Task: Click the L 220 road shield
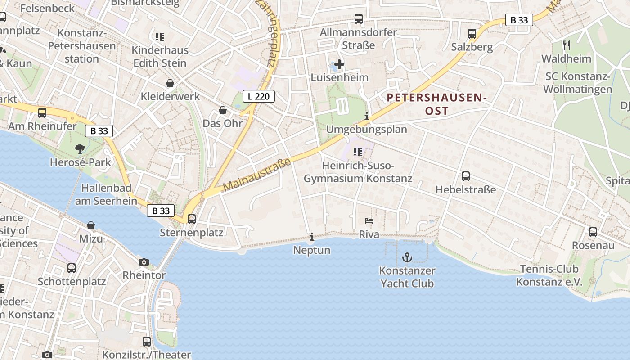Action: (258, 96)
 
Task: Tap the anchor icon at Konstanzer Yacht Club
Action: (407, 257)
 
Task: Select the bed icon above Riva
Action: (369, 221)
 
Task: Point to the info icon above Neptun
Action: (312, 237)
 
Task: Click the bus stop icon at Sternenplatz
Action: (192, 219)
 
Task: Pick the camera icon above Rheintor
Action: (144, 262)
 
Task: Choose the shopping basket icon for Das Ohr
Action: (222, 110)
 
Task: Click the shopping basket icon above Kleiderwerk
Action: (170, 83)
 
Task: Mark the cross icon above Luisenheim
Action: (339, 65)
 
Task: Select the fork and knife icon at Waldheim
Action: (566, 45)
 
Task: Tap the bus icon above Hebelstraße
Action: (466, 176)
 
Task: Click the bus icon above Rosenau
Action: (593, 232)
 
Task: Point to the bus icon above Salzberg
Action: (472, 34)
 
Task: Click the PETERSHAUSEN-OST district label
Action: (437, 104)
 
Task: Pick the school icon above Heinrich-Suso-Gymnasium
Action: (358, 152)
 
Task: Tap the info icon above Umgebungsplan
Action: (367, 116)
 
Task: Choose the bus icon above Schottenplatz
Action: (72, 268)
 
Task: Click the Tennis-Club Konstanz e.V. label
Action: (549, 276)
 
